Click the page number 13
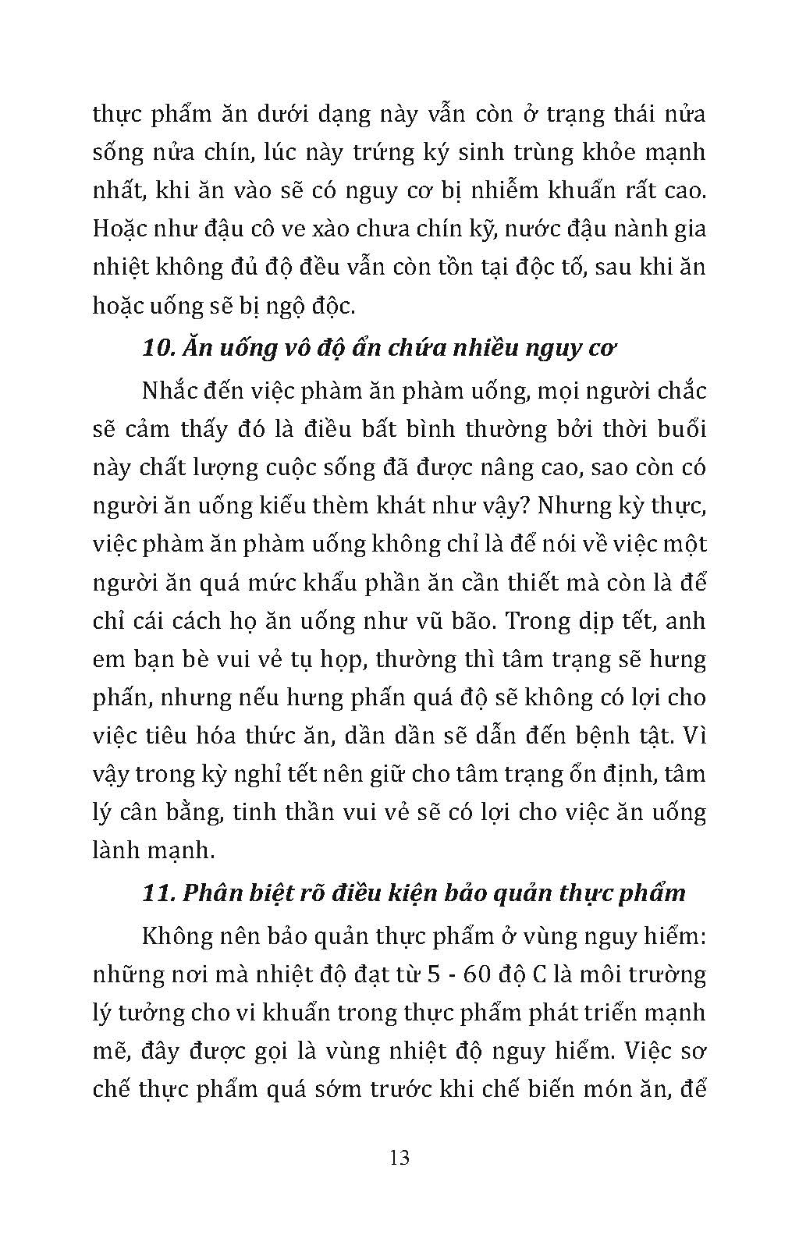[399, 1156]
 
